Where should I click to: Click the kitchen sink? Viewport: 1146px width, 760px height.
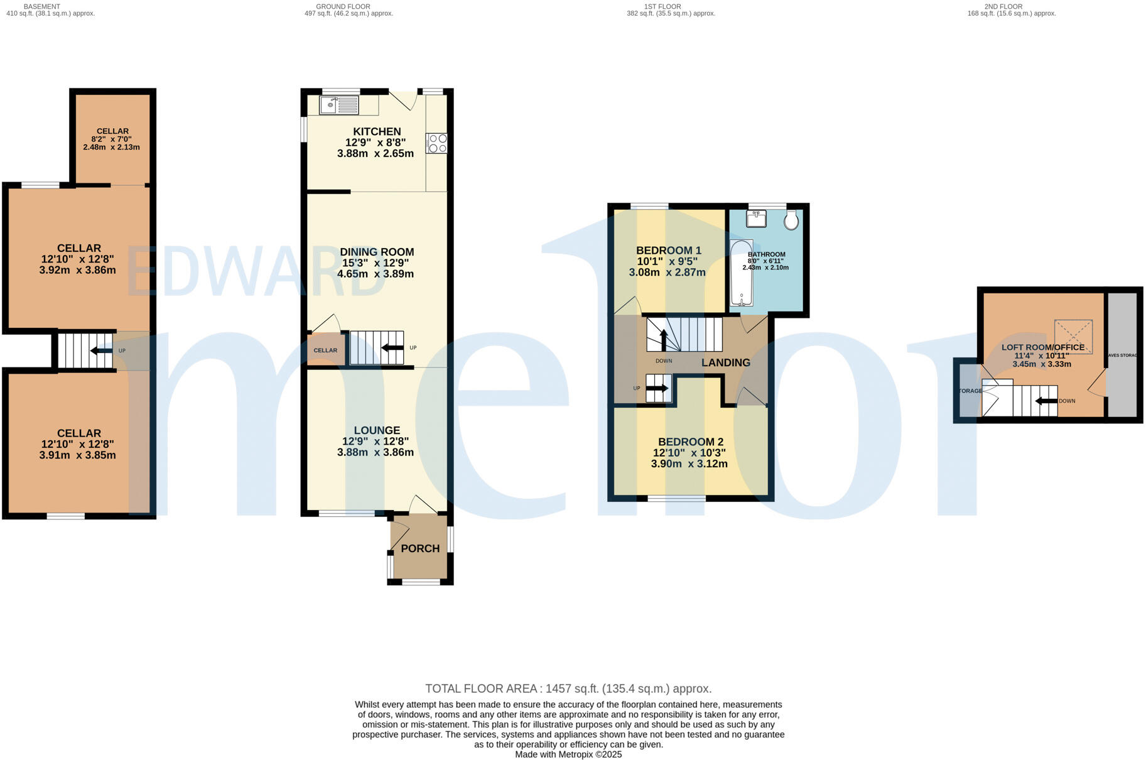[339, 105]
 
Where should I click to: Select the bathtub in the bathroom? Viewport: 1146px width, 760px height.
[742, 273]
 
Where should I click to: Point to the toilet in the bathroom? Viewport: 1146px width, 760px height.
[791, 220]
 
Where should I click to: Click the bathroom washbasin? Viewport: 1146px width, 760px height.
[756, 219]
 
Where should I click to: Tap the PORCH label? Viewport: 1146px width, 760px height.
[420, 548]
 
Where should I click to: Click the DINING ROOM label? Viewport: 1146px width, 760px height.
[377, 252]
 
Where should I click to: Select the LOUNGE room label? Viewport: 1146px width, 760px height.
[377, 430]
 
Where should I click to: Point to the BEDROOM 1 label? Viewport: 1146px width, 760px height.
[669, 250]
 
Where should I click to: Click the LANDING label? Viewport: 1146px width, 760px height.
[725, 362]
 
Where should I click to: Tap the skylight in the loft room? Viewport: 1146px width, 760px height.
[1073, 337]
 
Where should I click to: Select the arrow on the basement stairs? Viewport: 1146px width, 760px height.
[100, 350]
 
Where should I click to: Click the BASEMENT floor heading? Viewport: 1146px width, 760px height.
[42, 6]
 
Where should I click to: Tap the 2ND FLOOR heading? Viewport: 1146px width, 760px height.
[1003, 6]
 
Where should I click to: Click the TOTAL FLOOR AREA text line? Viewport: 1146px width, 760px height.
[568, 688]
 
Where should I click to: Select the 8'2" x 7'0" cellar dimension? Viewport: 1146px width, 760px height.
[112, 139]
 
